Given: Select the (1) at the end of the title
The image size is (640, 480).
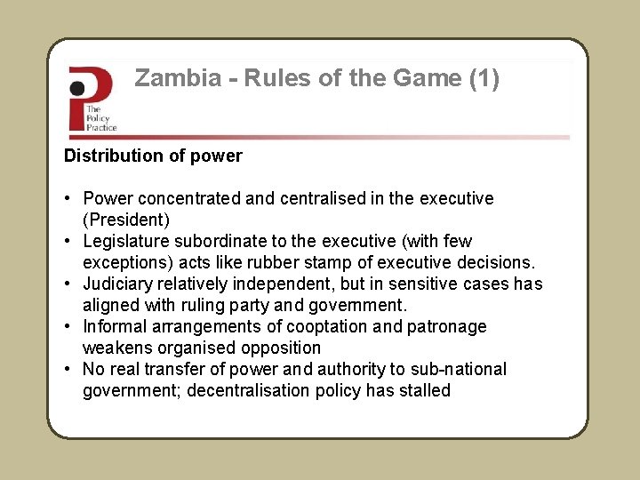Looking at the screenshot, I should [484, 79].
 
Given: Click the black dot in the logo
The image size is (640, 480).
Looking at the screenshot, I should [78, 87].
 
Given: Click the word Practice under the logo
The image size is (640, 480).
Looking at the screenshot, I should [101, 127].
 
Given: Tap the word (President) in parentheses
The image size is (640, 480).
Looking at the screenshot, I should [125, 220].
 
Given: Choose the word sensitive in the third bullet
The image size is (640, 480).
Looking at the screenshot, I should [454, 284].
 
